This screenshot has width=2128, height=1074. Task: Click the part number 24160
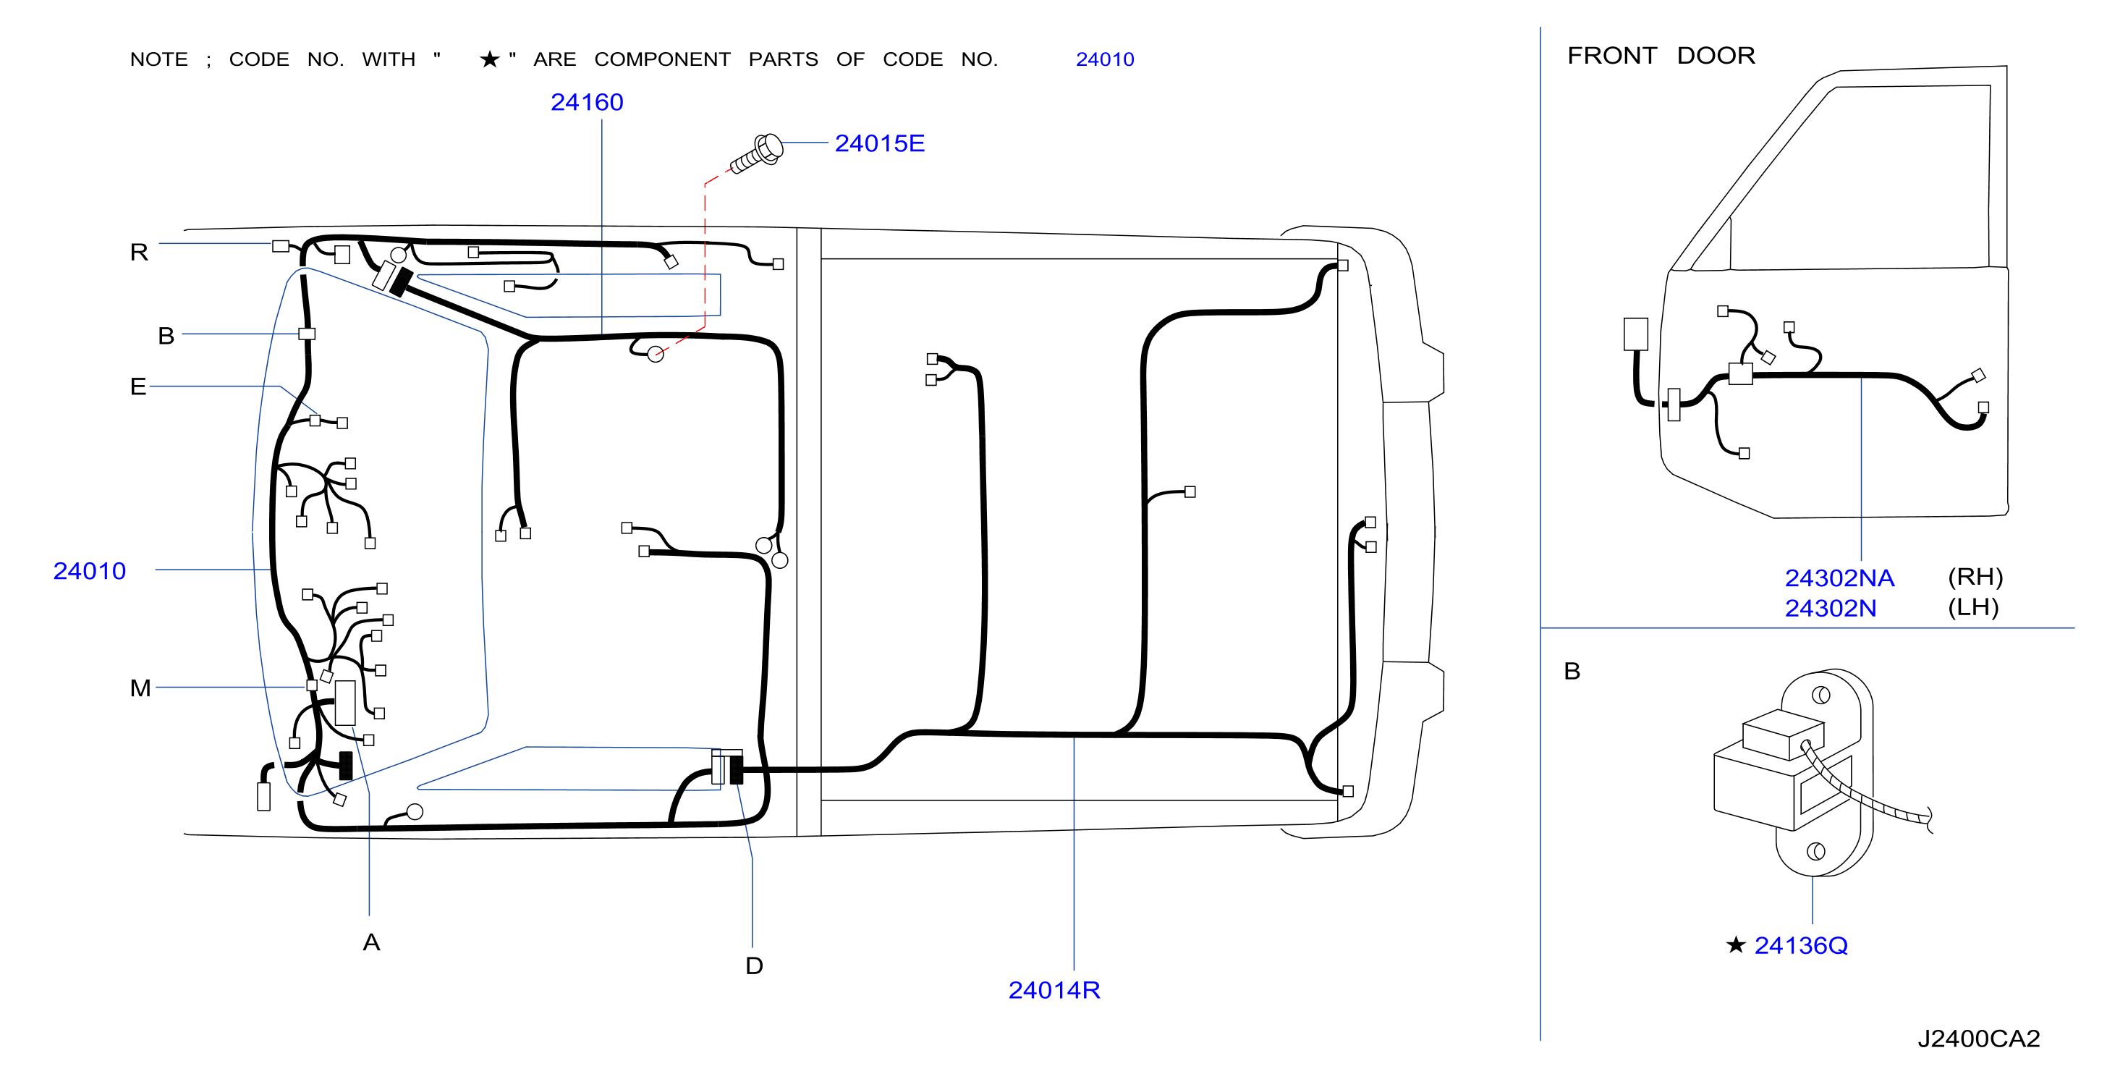click(587, 103)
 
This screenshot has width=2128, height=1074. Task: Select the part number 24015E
click(879, 144)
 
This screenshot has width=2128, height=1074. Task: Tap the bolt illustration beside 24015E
click(757, 153)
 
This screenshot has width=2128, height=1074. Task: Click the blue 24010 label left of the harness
click(89, 571)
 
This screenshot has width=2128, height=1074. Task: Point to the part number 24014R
click(1054, 990)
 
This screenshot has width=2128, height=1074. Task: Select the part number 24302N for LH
click(1830, 608)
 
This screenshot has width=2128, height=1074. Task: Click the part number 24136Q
click(1801, 945)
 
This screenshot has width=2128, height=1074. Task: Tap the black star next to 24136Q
click(1736, 944)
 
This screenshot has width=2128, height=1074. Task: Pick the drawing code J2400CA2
click(1978, 1039)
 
